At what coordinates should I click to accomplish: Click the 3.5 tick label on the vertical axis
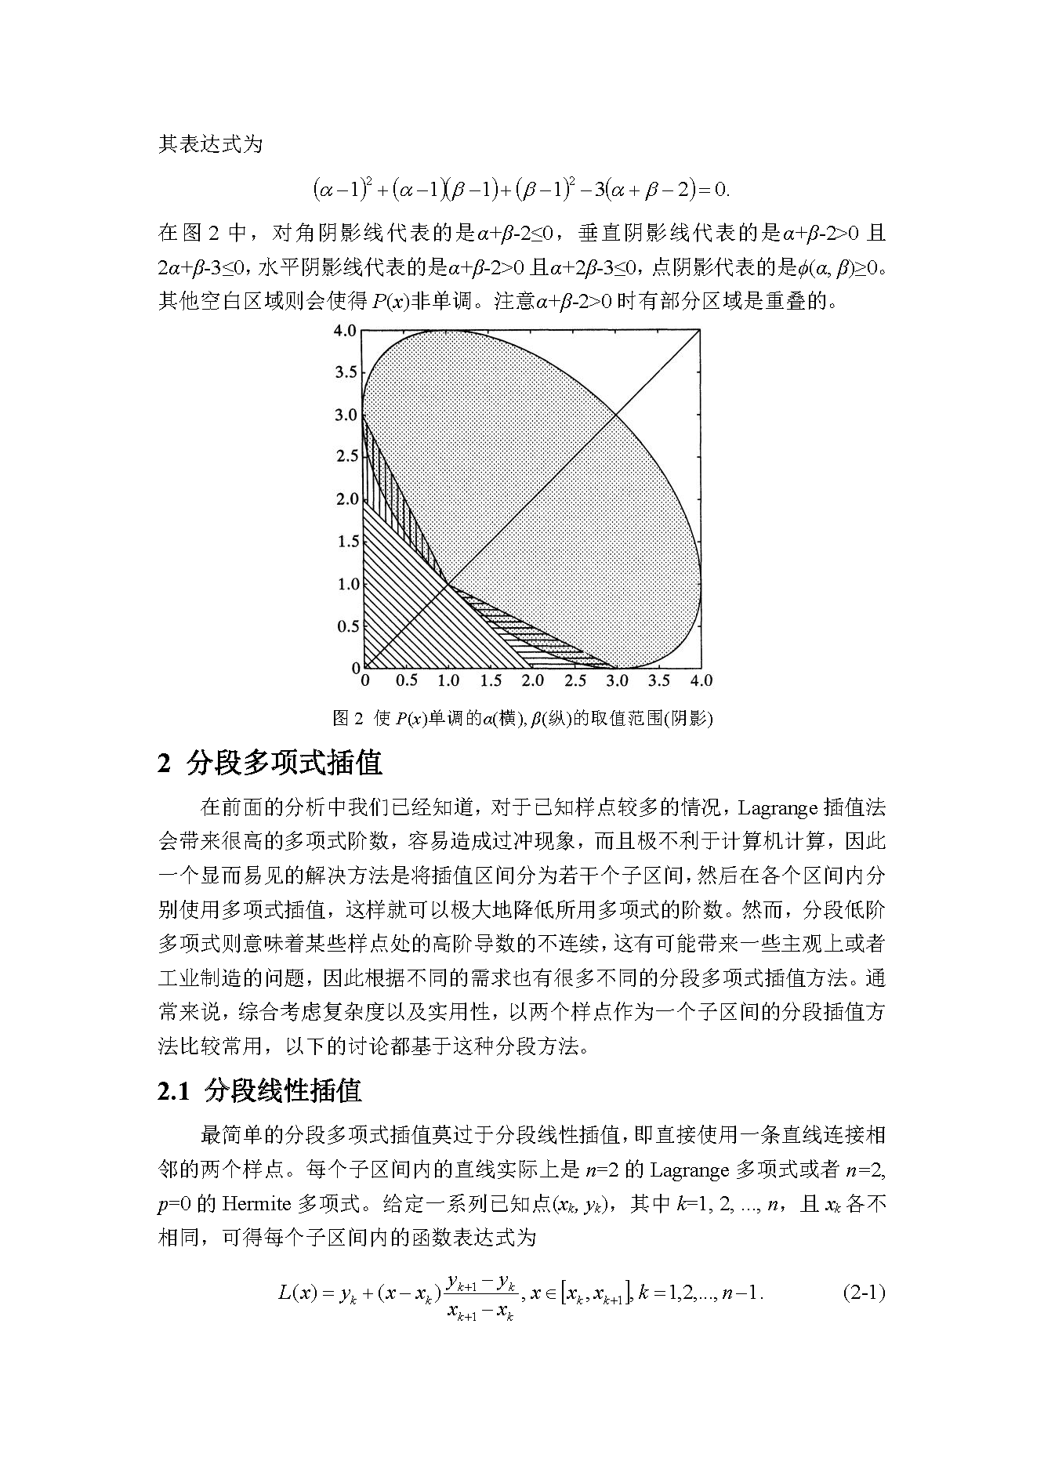click(x=346, y=372)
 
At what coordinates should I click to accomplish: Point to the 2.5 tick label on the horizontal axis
click(x=575, y=680)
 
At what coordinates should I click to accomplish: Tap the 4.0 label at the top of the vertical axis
click(x=346, y=330)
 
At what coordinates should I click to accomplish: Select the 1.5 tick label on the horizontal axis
click(x=491, y=680)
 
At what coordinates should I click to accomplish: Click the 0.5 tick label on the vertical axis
click(x=346, y=626)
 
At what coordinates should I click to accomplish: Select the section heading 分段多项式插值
click(x=284, y=763)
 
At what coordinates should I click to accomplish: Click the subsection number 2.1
click(x=173, y=1091)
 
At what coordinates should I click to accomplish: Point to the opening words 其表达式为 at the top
click(x=211, y=145)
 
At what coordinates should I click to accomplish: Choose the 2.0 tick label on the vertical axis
click(x=346, y=499)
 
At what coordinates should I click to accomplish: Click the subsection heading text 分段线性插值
click(x=283, y=1091)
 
